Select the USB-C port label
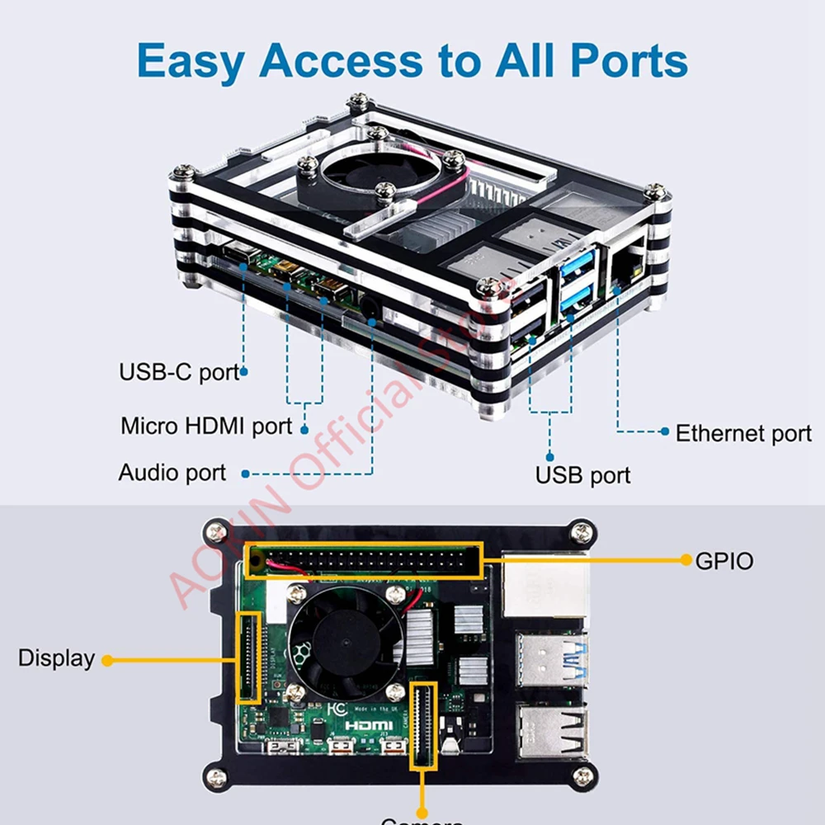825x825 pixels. (178, 371)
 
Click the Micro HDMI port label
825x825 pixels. (206, 427)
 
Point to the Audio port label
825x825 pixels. (172, 473)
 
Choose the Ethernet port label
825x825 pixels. (743, 433)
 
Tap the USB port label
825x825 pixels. (582, 475)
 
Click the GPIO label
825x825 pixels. (724, 561)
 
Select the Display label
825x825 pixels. (56, 658)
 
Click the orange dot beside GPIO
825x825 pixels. (686, 560)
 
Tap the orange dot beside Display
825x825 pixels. (106, 660)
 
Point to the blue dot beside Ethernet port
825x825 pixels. (665, 431)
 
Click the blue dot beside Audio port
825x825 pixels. (245, 474)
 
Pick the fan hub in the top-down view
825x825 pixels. (346, 640)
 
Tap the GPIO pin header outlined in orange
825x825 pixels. (363, 561)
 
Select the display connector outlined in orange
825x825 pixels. (248, 657)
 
